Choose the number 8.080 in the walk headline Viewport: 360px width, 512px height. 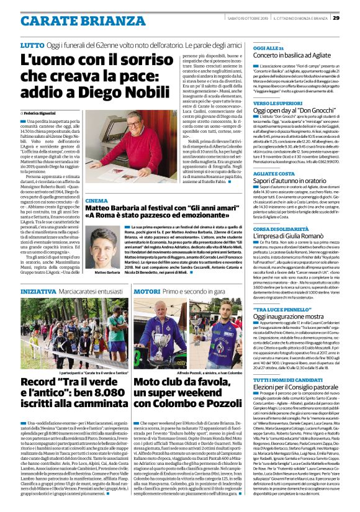(114, 379)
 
